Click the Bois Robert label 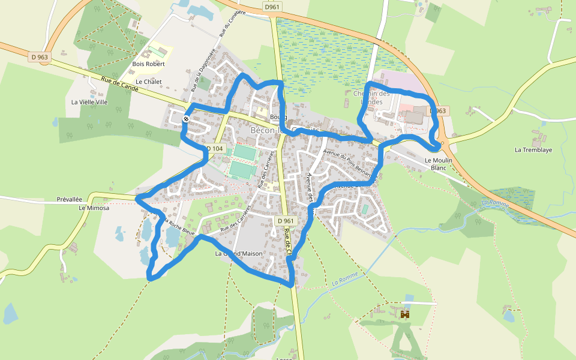click(x=148, y=64)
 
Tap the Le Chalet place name click(x=148, y=82)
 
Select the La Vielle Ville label click(x=89, y=102)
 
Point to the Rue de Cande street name click(x=120, y=84)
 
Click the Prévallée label click(x=69, y=199)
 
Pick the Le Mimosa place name click(x=94, y=208)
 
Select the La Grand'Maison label click(x=239, y=254)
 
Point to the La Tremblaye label click(x=533, y=150)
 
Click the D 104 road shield click(x=214, y=148)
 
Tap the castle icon click(x=405, y=314)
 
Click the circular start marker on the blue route click(x=187, y=119)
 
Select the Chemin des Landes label click(x=371, y=97)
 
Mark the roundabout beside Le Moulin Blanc click(x=443, y=144)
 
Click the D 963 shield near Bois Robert click(x=41, y=57)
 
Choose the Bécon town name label click(x=282, y=131)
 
